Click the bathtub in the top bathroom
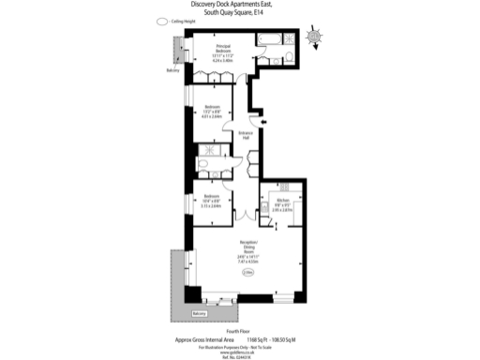coord(268,38)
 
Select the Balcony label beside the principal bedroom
coord(173,70)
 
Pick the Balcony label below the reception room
coord(199,312)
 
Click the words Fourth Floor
coord(239,331)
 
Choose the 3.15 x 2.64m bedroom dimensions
coord(211,205)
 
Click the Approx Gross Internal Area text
coord(205,339)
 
